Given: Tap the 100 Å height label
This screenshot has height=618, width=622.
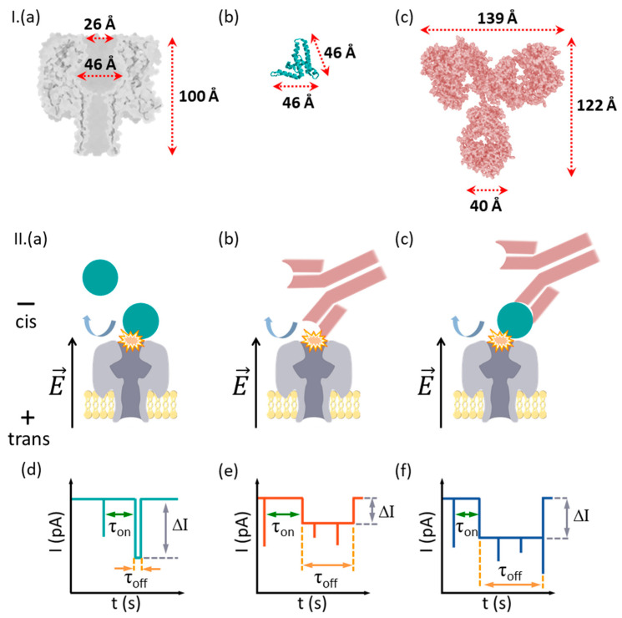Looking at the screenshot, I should (199, 95).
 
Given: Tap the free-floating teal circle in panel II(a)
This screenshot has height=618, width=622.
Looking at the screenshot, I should (101, 277).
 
